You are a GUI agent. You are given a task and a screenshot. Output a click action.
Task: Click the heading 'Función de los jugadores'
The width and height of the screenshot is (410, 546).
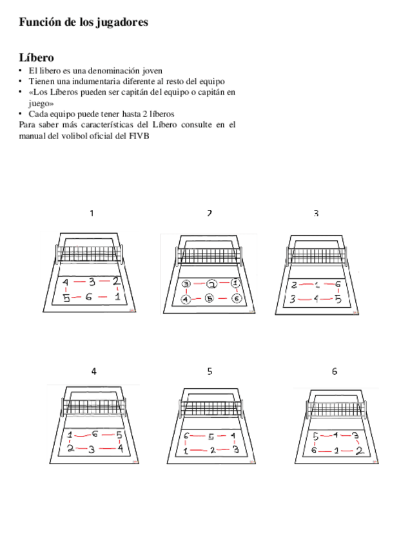83,23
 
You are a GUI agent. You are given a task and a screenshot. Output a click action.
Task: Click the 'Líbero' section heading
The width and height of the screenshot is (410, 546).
36,58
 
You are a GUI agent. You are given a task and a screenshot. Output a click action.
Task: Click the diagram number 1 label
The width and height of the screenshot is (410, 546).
92,213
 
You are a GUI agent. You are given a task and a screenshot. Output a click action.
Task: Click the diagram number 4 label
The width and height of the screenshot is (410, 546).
94,371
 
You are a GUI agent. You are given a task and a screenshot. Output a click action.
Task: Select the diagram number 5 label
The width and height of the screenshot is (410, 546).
210,371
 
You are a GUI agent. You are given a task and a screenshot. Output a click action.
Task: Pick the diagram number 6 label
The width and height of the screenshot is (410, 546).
335,371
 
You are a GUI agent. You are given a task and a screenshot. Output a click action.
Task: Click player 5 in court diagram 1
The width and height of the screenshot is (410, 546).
66,297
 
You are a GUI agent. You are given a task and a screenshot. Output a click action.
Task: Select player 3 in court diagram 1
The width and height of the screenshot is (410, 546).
92,282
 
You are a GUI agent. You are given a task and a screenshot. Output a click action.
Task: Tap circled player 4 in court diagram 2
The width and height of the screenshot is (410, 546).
186,298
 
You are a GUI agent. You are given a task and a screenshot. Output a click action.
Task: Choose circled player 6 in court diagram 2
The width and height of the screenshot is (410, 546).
237,298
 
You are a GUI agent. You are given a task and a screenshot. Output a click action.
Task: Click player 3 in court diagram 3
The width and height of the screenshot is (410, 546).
293,298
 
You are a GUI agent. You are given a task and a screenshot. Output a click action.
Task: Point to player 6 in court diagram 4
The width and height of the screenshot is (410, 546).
95,435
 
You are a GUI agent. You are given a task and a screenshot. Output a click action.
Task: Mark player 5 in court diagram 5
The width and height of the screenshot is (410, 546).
210,437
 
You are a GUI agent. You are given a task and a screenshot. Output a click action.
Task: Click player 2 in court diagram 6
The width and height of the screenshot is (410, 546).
359,451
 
